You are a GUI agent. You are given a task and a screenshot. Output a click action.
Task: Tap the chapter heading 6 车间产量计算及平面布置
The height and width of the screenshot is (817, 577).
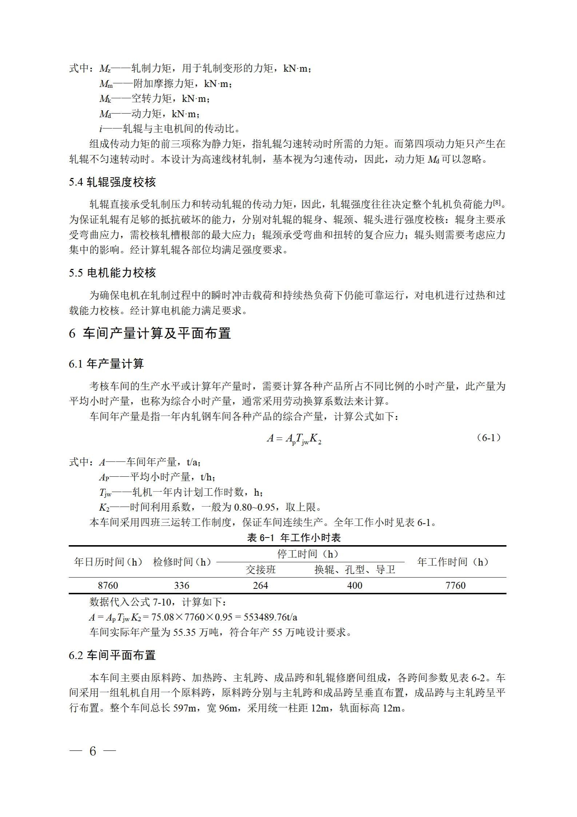[150, 333]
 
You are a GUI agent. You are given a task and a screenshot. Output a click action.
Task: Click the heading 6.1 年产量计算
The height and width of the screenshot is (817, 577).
[106, 364]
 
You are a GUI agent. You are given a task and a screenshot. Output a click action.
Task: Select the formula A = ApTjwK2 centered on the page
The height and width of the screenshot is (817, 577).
[294, 439]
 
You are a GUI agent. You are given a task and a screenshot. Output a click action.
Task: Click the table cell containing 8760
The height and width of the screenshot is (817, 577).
[108, 585]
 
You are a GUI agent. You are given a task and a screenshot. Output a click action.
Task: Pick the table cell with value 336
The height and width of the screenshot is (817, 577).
[182, 585]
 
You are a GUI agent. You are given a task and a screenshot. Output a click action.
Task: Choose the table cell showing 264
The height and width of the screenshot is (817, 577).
[260, 585]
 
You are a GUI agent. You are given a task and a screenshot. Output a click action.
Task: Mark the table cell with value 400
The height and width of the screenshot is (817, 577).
[355, 585]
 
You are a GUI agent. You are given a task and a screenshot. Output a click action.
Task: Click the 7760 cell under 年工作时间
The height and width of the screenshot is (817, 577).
[455, 585]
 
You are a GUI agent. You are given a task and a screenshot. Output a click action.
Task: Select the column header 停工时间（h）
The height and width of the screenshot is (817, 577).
[308, 554]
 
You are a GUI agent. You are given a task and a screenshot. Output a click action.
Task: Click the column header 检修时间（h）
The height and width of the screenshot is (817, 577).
[182, 562]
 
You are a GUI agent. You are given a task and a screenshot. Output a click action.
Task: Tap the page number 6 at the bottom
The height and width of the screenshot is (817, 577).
[93, 751]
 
